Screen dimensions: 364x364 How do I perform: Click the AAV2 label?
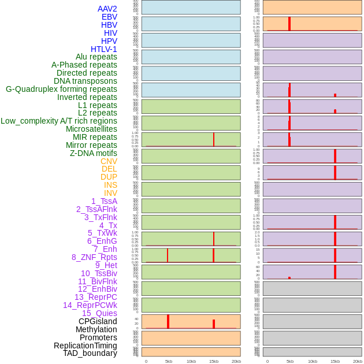tap(107, 9)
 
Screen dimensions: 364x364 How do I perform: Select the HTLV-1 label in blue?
tap(103, 49)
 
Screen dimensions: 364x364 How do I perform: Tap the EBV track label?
tap(109, 17)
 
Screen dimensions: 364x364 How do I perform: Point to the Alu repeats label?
tap(96, 57)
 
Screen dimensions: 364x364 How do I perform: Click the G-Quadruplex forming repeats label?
tap(61, 89)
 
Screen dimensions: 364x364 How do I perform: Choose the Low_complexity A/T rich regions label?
tap(58, 121)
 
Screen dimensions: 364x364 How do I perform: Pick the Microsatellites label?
tap(91, 129)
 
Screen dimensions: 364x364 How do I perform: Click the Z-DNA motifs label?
tap(93, 153)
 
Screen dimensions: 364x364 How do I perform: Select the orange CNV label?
tap(109, 161)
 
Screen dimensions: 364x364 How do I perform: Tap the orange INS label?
tap(110, 185)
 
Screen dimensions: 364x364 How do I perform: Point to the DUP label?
tap(109, 177)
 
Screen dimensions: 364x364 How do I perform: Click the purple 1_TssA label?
tap(104, 201)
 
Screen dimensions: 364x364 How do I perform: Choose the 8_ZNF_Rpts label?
tap(94, 257)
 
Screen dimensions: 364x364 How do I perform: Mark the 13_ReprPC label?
tap(95, 297)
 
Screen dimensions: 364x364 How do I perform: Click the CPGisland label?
tap(98, 321)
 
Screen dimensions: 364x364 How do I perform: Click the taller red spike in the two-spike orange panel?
tap(168, 321)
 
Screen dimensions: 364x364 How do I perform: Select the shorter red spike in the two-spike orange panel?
tap(214, 324)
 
